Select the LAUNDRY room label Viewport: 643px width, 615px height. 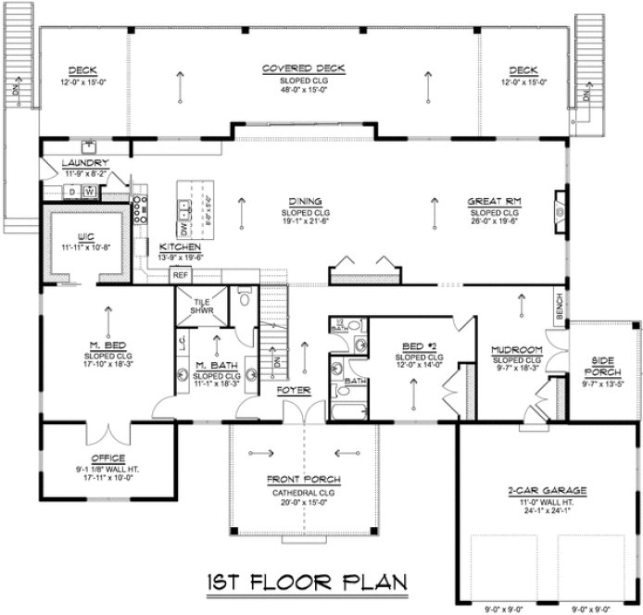[x=72, y=163]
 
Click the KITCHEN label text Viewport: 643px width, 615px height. [x=181, y=247]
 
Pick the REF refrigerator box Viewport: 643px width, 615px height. [x=181, y=275]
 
